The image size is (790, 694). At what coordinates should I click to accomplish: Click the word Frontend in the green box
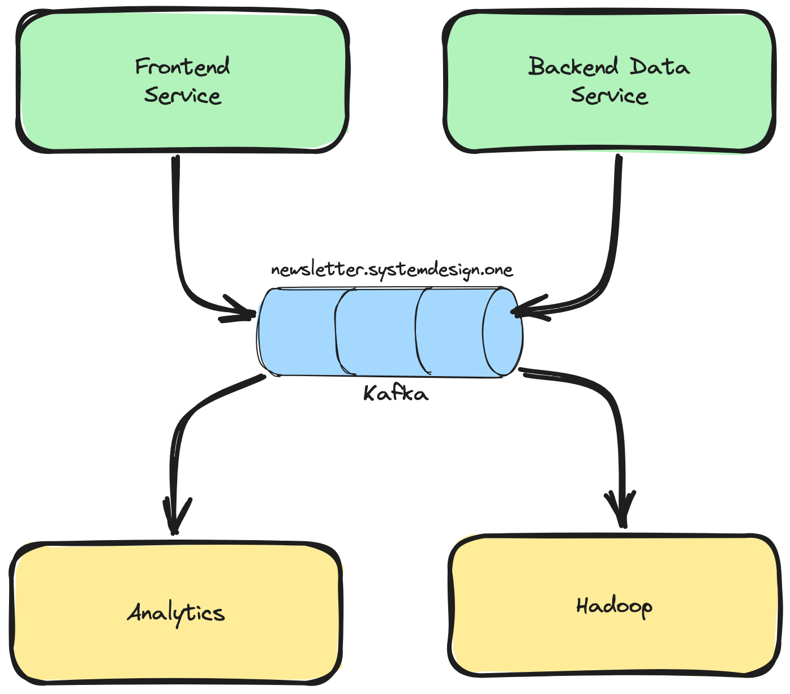(x=182, y=67)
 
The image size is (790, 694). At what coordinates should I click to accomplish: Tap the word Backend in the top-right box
(x=573, y=67)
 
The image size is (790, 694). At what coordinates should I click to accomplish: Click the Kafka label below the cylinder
(x=396, y=393)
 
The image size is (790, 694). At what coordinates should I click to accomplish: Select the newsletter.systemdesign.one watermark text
(x=392, y=270)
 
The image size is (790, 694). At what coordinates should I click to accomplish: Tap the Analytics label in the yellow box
(x=176, y=613)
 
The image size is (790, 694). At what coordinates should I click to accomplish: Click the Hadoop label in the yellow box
(x=614, y=606)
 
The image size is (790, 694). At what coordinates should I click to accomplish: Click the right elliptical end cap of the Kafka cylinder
(x=501, y=332)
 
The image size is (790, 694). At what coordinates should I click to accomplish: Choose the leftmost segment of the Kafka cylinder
(x=297, y=332)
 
